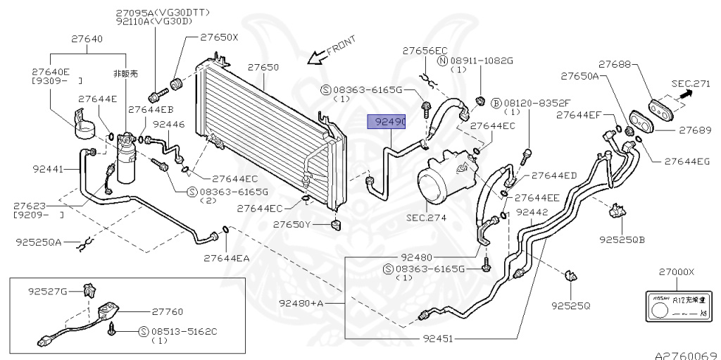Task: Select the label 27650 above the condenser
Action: pos(263,68)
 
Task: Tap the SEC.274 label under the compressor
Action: pos(427,218)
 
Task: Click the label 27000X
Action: pos(676,272)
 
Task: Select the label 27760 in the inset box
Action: pos(168,310)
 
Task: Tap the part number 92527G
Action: pos(48,290)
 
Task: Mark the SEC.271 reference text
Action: pos(691,83)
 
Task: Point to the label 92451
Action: pos(439,337)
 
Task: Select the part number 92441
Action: pos(49,169)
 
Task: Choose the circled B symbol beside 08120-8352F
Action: pos(496,103)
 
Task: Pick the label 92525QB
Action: pos(622,239)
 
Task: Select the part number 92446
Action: pos(168,124)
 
